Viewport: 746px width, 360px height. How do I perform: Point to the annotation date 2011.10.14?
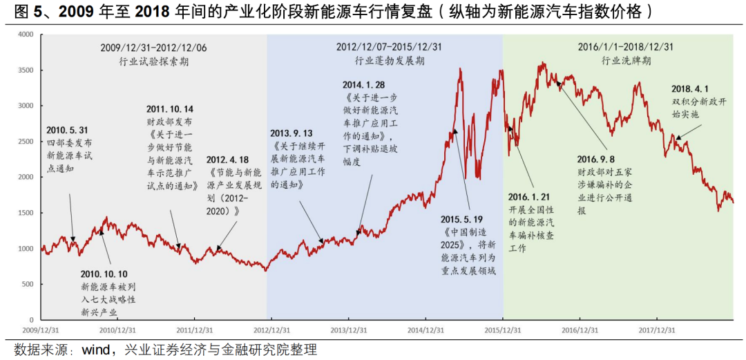tap(170, 110)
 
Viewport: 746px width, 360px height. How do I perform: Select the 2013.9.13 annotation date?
tap(291, 133)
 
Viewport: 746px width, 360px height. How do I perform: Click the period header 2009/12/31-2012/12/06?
tap(153, 48)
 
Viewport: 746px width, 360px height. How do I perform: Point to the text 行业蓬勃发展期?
tap(389, 61)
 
